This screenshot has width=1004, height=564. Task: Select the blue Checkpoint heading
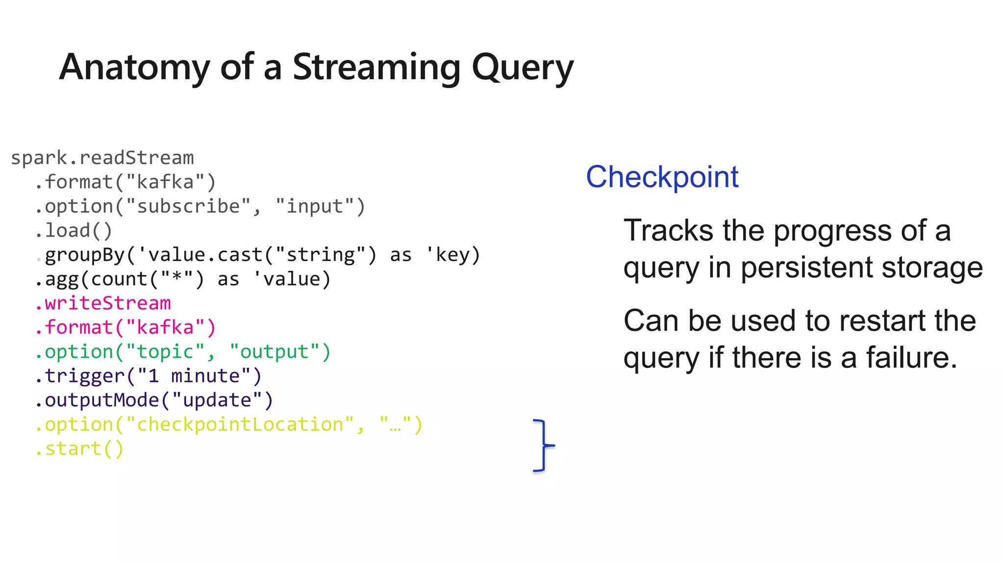click(662, 177)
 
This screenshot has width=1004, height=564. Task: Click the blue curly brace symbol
click(543, 446)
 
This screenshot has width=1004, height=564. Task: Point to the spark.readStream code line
click(102, 158)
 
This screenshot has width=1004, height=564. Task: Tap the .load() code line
click(74, 231)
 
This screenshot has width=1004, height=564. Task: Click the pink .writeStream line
click(103, 304)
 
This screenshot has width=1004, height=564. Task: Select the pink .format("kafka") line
click(125, 328)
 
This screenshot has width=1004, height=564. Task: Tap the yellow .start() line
click(79, 449)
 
